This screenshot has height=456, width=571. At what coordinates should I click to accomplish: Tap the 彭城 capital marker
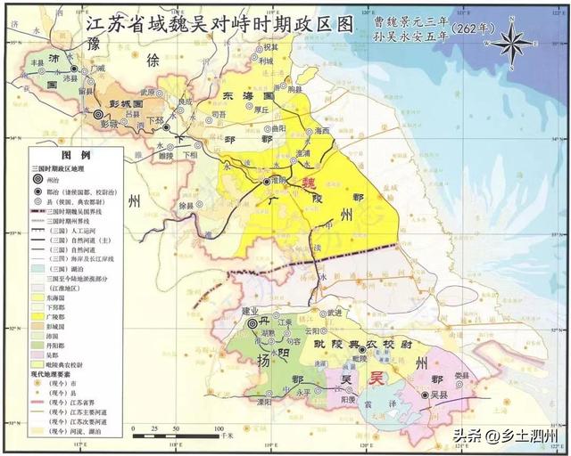tap(98, 114)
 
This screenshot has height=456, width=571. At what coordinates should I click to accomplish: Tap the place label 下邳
tap(155, 119)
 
